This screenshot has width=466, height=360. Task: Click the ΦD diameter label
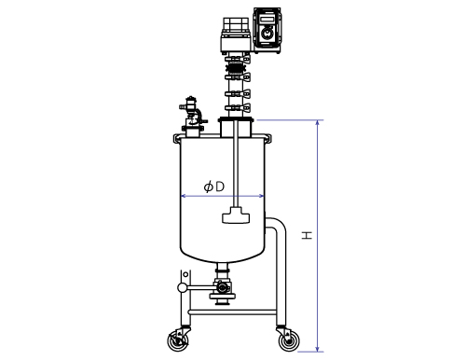click(x=214, y=187)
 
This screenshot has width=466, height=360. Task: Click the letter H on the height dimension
click(x=307, y=235)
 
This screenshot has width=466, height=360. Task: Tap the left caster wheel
click(x=178, y=341)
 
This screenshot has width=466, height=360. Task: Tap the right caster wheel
click(x=289, y=341)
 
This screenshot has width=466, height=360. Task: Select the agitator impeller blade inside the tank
click(x=236, y=215)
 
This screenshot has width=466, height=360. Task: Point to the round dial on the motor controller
click(x=267, y=33)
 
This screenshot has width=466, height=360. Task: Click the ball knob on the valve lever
click(x=183, y=288)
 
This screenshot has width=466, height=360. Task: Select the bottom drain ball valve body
click(x=222, y=287)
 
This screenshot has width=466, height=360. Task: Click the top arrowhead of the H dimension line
click(x=317, y=122)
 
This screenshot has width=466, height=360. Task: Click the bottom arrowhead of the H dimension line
click(x=317, y=349)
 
